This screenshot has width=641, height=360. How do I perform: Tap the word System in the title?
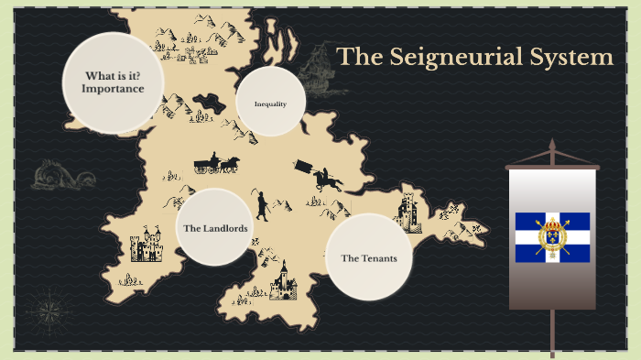[x=575, y=57]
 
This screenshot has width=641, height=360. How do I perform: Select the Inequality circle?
[x=270, y=104]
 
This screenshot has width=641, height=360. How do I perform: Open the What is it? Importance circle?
[x=112, y=82]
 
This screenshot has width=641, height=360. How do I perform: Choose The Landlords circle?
[x=213, y=227]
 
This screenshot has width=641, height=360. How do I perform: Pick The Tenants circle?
[x=368, y=257]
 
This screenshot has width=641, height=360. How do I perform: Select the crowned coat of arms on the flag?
[x=551, y=235]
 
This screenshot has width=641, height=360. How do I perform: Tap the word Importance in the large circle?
[x=112, y=89]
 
